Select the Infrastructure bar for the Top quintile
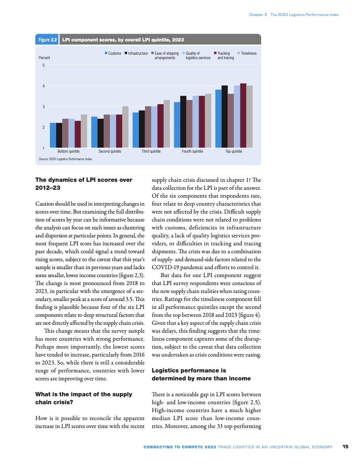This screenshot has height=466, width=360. point(225,116)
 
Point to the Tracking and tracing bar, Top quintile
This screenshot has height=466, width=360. point(243,115)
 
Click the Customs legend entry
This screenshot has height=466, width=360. point(113,53)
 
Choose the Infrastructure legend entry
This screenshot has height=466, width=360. point(136,53)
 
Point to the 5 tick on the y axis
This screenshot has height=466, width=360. point(43,65)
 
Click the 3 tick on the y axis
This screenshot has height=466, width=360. point(43,107)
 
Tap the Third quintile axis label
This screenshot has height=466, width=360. point(151,151)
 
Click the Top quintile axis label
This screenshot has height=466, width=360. point(233,151)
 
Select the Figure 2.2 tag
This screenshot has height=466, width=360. point(48,40)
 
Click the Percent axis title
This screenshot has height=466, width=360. point(45,58)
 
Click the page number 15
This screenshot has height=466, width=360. point(345,447)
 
